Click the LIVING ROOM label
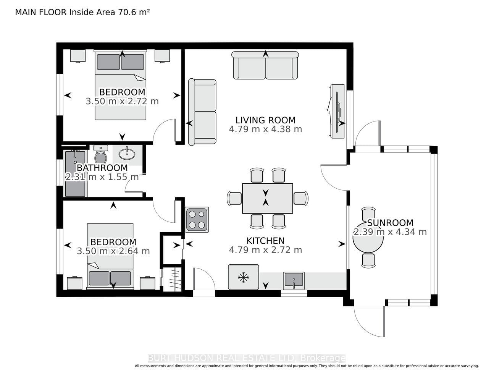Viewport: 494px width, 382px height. click(265, 120)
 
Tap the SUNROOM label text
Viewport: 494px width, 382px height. click(390, 223)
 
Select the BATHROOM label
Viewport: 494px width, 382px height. click(102, 168)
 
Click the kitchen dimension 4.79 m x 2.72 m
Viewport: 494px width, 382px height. click(265, 250)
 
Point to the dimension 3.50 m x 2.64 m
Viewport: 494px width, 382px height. click(113, 251)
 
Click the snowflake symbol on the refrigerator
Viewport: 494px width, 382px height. click(243, 277)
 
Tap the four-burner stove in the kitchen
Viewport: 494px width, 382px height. click(197, 219)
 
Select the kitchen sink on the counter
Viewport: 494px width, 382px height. click(294, 281)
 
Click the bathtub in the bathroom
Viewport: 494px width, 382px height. click(75, 173)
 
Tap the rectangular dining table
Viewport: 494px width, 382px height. click(267, 198)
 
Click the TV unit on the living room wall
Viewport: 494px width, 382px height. click(337, 111)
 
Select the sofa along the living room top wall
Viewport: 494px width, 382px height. click(265, 65)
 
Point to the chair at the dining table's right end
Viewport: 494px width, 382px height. click(301, 198)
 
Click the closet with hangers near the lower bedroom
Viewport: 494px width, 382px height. click(172, 279)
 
